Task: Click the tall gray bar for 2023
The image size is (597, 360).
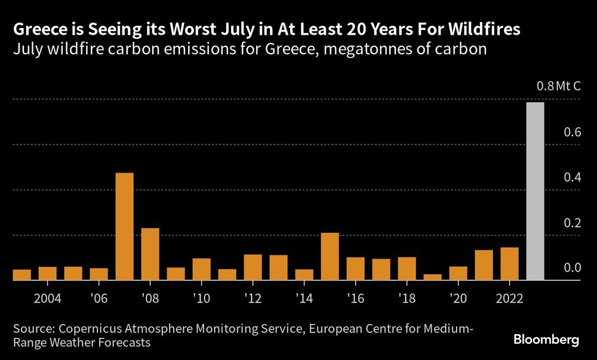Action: point(534,191)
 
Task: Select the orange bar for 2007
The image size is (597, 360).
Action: point(124,226)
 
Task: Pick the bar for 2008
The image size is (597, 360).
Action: point(150,254)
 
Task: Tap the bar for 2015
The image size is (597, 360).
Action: point(330,256)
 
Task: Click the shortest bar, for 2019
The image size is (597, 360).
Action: point(432,277)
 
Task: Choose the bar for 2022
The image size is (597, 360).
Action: point(509,263)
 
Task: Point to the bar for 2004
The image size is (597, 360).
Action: point(47,273)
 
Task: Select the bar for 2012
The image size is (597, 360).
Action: point(253,267)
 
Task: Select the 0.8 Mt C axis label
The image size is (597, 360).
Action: point(558,87)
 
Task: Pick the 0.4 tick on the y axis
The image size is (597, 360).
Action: point(573,177)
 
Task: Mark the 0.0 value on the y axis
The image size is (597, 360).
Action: point(573,268)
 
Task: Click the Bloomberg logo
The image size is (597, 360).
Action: point(546,340)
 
